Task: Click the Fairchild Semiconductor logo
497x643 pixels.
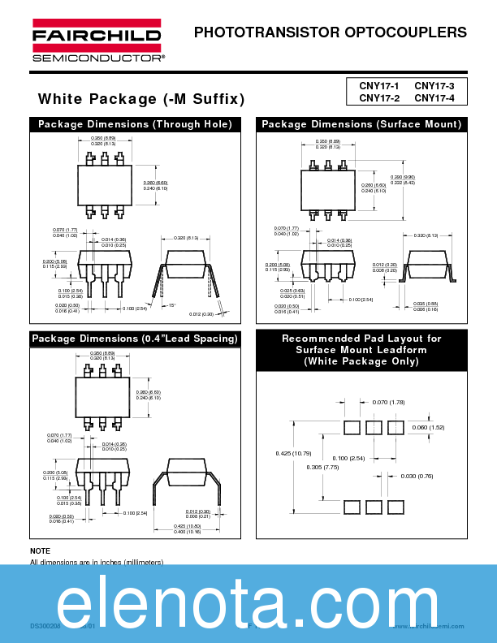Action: point(97,41)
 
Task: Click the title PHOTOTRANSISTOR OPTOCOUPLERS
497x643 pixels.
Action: point(331,33)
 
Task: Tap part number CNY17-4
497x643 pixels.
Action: point(434,98)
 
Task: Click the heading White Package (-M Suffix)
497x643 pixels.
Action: point(141,99)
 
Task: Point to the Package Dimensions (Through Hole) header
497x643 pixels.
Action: point(135,124)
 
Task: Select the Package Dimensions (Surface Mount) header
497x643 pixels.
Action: point(361,124)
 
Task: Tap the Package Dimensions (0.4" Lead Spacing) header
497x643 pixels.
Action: point(135,339)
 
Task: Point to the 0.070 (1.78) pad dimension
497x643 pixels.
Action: point(388,403)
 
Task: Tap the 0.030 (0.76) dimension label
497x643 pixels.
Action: point(417,476)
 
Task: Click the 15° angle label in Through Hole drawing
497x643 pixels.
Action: point(171,306)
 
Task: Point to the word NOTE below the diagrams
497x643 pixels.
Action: point(40,551)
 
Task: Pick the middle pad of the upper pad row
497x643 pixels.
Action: point(374,427)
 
